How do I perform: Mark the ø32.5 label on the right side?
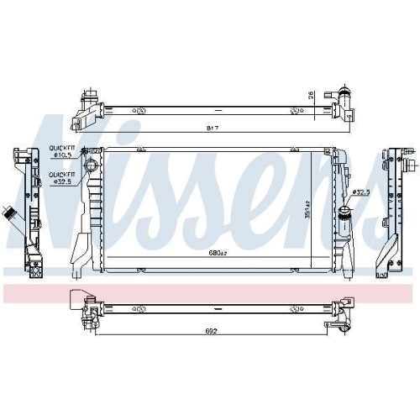pos(361,192)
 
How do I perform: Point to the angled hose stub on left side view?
pos(10,213)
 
